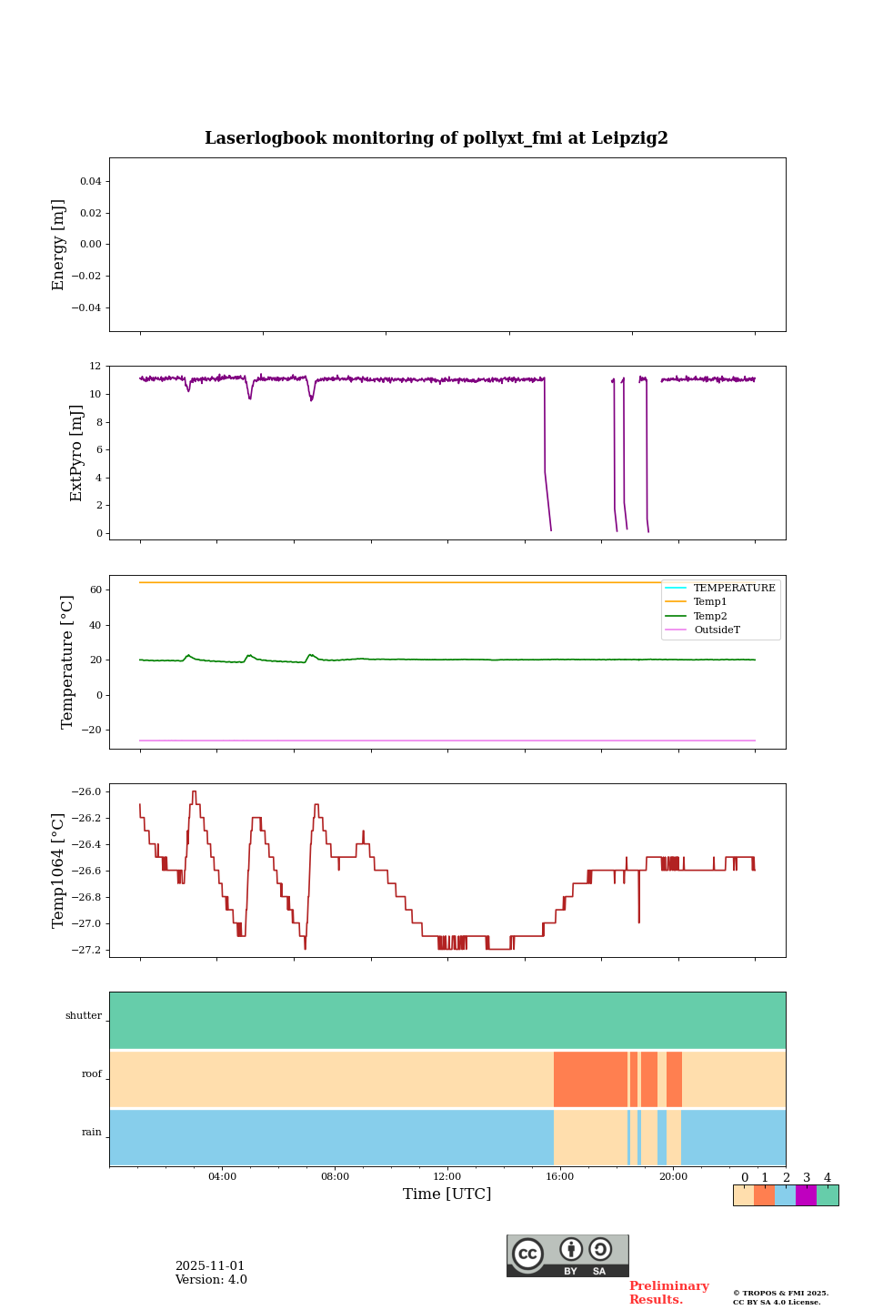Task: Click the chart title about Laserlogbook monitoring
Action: pyautogui.click(x=436, y=138)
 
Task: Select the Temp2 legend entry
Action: pyautogui.click(x=710, y=616)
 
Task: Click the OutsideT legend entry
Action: pyautogui.click(x=717, y=630)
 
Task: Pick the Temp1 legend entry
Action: pyautogui.click(x=710, y=601)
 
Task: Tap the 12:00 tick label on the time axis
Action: pyautogui.click(x=447, y=1176)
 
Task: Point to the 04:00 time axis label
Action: pyautogui.click(x=222, y=1176)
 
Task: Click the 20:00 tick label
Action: pyautogui.click(x=673, y=1176)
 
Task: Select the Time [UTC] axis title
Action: pyautogui.click(x=447, y=1194)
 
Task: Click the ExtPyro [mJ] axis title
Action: pyautogui.click(x=76, y=453)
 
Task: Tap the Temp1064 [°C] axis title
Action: pyautogui.click(x=59, y=870)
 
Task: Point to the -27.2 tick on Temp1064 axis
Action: pyautogui.click(x=88, y=950)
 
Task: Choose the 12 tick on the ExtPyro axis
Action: pyautogui.click(x=95, y=367)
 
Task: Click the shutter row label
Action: pyautogui.click(x=84, y=1015)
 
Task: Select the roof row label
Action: pyautogui.click(x=92, y=1074)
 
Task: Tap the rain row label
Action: pyautogui.click(x=92, y=1133)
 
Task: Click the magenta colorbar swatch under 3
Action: pyautogui.click(x=806, y=1195)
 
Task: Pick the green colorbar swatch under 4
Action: pyautogui.click(x=828, y=1195)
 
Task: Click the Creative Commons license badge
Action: pyautogui.click(x=567, y=1255)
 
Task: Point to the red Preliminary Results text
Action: pyautogui.click(x=668, y=1293)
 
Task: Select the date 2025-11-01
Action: pyautogui.click(x=210, y=1266)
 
